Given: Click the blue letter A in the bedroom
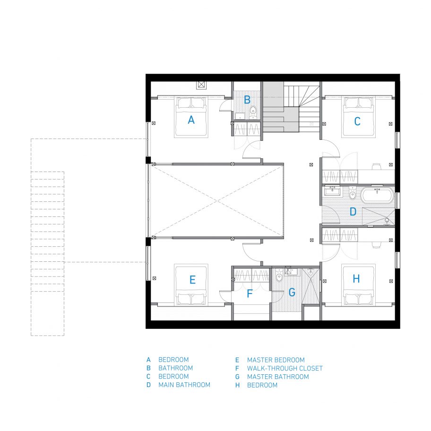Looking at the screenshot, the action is click(x=191, y=120).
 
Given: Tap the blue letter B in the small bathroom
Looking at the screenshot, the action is click(x=247, y=100).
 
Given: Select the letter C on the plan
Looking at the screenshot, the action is click(x=357, y=121).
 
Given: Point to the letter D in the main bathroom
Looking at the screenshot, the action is click(x=353, y=212).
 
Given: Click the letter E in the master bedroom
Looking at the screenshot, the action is click(x=192, y=280).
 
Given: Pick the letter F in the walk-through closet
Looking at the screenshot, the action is click(x=250, y=293).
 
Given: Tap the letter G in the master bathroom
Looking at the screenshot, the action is click(x=292, y=292).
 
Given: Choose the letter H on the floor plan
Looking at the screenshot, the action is click(x=356, y=279).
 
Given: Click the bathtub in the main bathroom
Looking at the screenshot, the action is click(x=378, y=196).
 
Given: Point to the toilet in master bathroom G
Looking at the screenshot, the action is click(x=279, y=276).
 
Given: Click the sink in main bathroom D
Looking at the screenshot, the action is click(x=332, y=190).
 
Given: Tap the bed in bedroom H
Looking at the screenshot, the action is click(x=358, y=285).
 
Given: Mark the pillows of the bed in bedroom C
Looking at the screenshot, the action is click(x=358, y=103).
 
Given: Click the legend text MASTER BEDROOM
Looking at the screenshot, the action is click(x=276, y=360).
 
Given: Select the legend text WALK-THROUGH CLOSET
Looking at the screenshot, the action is click(x=285, y=368).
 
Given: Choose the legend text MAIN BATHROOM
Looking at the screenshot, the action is click(x=184, y=385).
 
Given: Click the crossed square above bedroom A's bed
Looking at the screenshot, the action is click(x=201, y=85).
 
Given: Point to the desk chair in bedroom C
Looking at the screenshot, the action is click(x=376, y=166).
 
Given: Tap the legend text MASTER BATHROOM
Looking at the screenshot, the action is click(x=278, y=377).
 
